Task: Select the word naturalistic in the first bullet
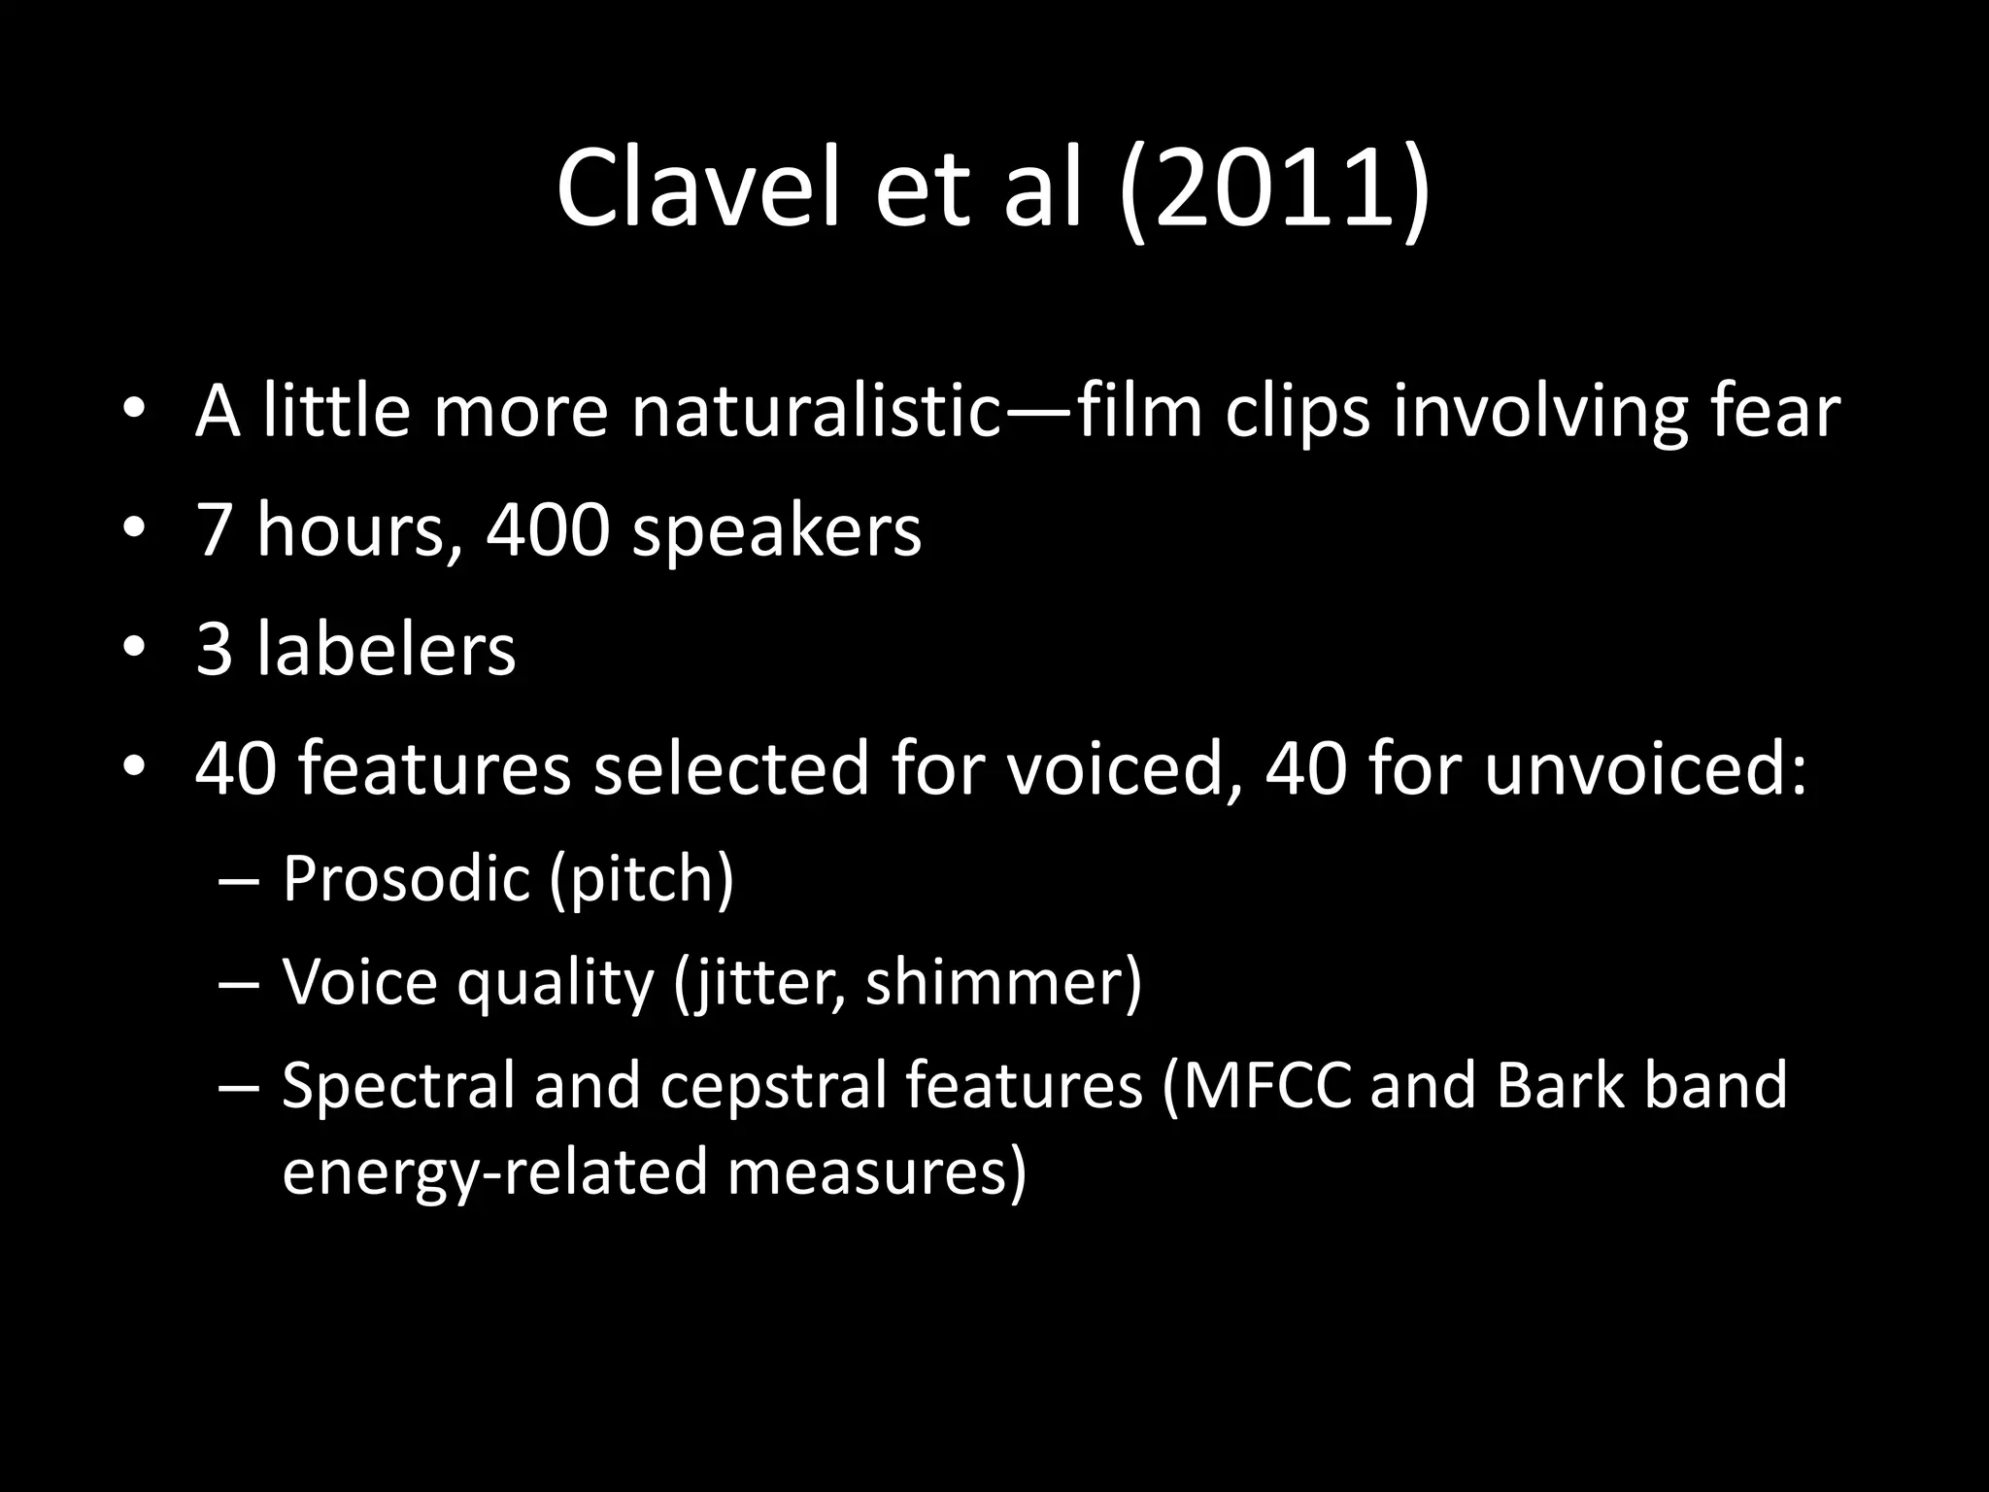point(816,412)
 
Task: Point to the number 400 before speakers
point(548,530)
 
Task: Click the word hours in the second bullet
point(350,530)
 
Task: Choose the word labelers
point(386,649)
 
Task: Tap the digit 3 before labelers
point(215,649)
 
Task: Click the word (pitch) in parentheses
point(641,878)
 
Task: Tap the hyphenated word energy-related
point(494,1170)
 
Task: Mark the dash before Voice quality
point(239,984)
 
